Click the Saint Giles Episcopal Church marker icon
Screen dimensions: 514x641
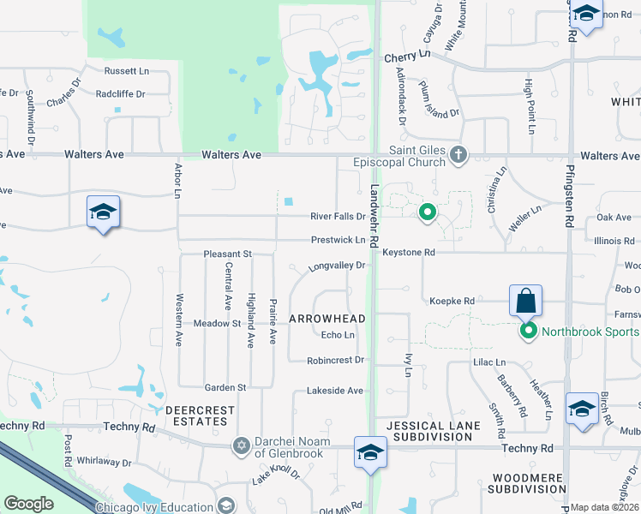pos(458,155)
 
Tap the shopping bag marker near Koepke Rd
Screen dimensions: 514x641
pos(525,302)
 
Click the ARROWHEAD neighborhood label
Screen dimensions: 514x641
pos(327,319)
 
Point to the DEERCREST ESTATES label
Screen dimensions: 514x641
pos(200,415)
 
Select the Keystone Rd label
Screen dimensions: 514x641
pos(409,253)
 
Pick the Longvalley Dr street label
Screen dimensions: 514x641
pos(338,266)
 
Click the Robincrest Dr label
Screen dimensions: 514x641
pos(336,361)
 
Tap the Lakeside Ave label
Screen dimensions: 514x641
pos(335,391)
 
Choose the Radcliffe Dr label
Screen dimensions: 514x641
pos(124,94)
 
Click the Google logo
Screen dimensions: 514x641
pos(28,504)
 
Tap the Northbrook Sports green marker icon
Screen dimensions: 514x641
pos(529,332)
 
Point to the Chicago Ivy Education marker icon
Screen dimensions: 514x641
pos(226,507)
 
